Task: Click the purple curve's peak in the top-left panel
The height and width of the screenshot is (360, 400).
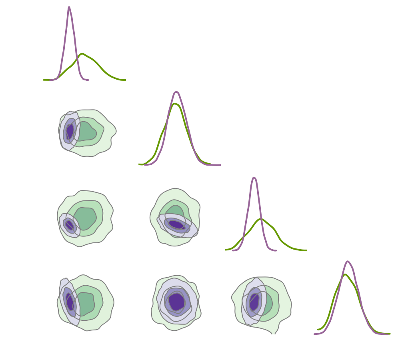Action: pyautogui.click(x=69, y=7)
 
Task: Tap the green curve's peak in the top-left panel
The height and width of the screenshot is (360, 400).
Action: pyautogui.click(x=82, y=54)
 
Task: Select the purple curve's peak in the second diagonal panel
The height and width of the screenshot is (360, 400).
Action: pyautogui.click(x=176, y=92)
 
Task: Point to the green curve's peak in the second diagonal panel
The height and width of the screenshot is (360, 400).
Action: pyautogui.click(x=174, y=104)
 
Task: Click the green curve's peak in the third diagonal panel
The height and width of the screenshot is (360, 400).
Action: pyautogui.click(x=261, y=219)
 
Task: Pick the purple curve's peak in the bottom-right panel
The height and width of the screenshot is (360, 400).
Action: pyautogui.click(x=348, y=262)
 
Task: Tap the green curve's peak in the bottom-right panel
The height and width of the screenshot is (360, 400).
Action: pyautogui.click(x=345, y=274)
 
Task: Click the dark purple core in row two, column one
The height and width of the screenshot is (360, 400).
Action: pyautogui.click(x=70, y=131)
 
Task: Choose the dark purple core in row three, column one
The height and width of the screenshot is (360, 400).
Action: pyautogui.click(x=69, y=224)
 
